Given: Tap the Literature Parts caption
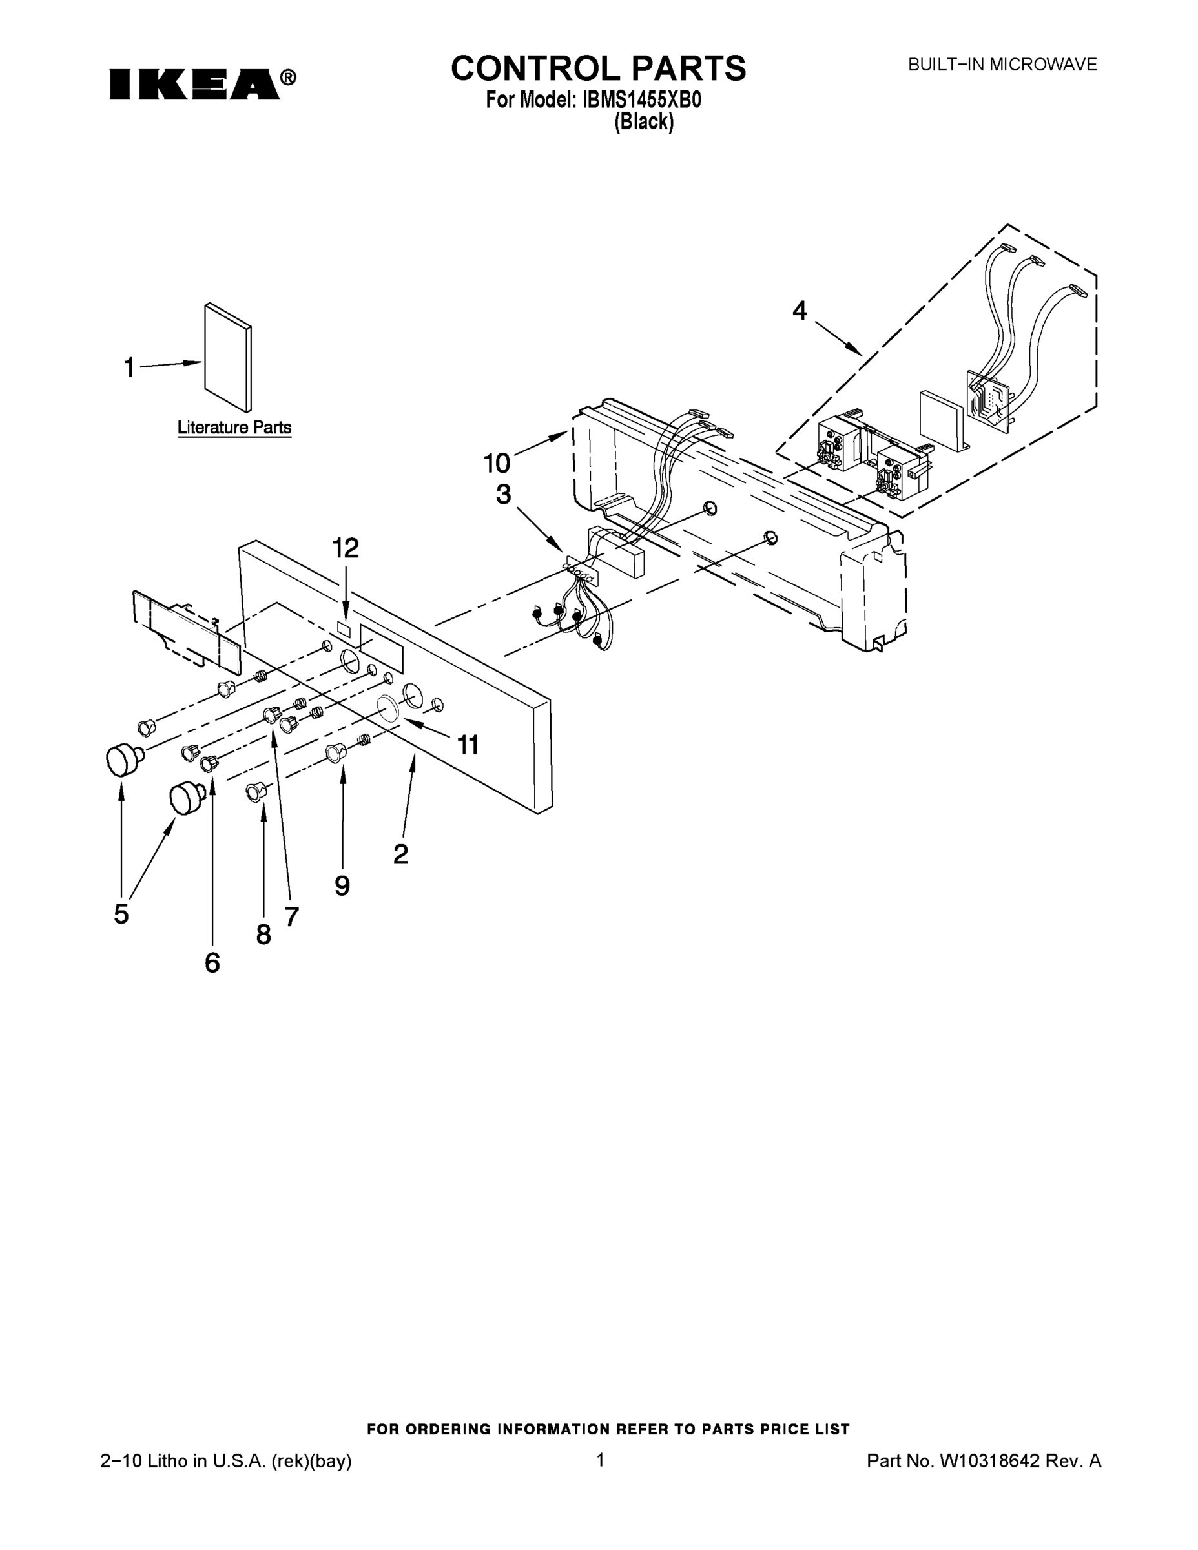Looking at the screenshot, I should (234, 428).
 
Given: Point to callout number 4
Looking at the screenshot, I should (800, 311).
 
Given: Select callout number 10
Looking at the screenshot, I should (497, 464).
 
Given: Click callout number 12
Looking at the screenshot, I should (346, 548).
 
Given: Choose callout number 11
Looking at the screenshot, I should (468, 745).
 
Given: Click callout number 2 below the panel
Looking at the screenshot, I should (401, 854).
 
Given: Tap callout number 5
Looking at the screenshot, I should (121, 914).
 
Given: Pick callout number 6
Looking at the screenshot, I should (212, 963).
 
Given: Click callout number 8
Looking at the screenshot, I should (263, 935).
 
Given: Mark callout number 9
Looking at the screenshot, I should (342, 885).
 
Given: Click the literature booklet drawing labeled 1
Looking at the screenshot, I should (228, 358).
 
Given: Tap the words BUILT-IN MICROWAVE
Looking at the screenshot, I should (1002, 65).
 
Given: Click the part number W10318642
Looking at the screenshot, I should (989, 1461).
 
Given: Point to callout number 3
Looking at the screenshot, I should (503, 495).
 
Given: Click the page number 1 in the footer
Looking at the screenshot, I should (600, 1460).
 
